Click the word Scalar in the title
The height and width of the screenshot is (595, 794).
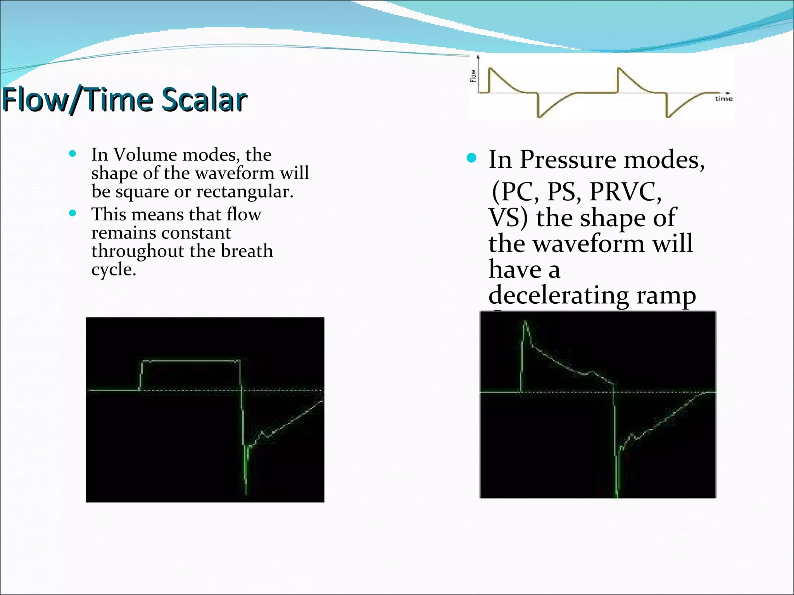[x=204, y=100]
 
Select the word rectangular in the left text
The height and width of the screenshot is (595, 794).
[x=244, y=191]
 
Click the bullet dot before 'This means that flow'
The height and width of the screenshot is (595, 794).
[x=72, y=213]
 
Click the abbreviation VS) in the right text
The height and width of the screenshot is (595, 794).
[x=508, y=217]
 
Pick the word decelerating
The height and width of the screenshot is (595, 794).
[x=558, y=295]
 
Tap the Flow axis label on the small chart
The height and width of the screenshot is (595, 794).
[x=473, y=76]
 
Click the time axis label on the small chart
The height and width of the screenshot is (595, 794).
[x=723, y=99]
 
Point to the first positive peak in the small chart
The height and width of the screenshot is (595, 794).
[x=490, y=69]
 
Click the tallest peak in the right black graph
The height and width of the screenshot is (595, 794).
[x=525, y=322]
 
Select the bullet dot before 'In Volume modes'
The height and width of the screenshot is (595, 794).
[x=72, y=154]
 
